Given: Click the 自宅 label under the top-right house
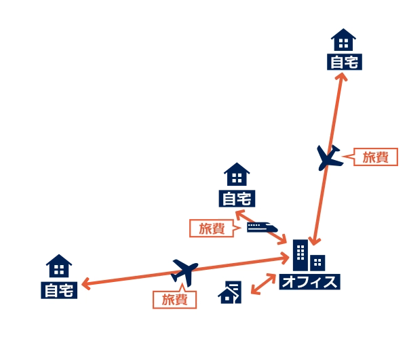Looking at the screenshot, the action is (x=345, y=62).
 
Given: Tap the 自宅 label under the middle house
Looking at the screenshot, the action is (x=237, y=199).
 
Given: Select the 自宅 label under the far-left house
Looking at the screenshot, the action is (x=59, y=290).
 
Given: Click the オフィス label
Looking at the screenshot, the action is (x=310, y=281).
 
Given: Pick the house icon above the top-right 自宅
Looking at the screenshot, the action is (x=343, y=40).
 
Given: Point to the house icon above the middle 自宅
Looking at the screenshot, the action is (x=237, y=174).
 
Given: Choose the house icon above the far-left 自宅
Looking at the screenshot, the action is (x=59, y=266).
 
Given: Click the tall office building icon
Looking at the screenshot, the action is (x=301, y=255).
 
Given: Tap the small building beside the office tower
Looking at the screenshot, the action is (x=317, y=263).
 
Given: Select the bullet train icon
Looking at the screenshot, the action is (x=263, y=227).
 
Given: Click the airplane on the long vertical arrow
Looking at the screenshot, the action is (x=329, y=158).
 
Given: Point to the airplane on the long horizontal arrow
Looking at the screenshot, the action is (x=185, y=273).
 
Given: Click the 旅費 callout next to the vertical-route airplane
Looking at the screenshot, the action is (x=376, y=157).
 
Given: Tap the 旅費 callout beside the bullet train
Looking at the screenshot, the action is (x=212, y=228).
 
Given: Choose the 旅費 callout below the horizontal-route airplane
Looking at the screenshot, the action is (x=175, y=300).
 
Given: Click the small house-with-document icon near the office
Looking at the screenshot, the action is (x=230, y=292).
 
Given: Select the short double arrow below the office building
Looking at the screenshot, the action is (x=263, y=284).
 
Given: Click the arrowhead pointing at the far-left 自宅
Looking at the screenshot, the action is (x=86, y=284).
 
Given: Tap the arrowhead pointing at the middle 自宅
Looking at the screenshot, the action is (x=239, y=215).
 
